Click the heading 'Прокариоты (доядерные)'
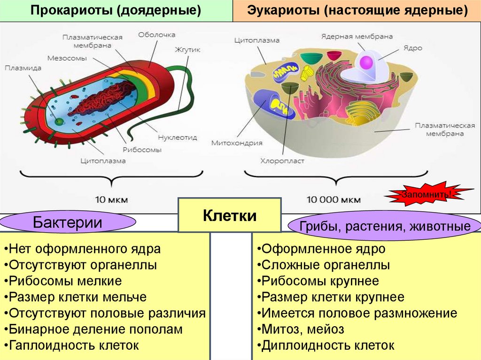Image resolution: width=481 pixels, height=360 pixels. click(116, 11)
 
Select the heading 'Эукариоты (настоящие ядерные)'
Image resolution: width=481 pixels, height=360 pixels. click(357, 11)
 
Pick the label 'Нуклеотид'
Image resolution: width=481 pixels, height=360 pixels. click(178, 138)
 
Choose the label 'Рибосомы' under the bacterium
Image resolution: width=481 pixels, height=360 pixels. click(142, 150)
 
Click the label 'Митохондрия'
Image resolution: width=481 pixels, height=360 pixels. click(237, 143)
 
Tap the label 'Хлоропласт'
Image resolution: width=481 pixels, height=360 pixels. click(282, 161)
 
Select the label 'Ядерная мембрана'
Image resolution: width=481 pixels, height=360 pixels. click(357, 36)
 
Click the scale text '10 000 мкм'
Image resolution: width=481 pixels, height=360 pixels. click(334, 199)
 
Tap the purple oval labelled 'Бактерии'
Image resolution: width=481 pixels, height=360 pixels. click(68, 222)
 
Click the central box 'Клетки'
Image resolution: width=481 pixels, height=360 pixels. click(230, 216)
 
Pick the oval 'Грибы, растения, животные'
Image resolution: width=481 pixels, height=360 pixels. click(385, 227)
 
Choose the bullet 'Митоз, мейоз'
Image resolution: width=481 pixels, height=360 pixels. click(303, 329)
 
